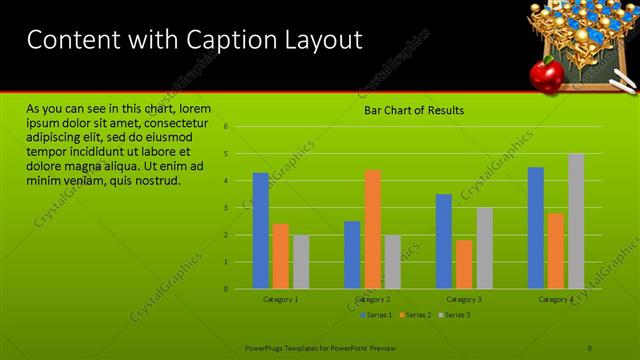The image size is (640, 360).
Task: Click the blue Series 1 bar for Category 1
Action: click(260, 231)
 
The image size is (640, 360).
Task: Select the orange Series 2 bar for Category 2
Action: click(372, 229)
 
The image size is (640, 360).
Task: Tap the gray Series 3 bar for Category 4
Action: click(576, 221)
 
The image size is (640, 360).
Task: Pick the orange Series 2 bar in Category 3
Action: click(464, 264)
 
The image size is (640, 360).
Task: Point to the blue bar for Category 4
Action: click(536, 228)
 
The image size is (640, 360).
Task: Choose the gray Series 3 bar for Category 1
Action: click(301, 262)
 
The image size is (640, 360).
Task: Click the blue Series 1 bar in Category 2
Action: click(352, 255)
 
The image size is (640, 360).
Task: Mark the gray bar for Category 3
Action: click(484, 248)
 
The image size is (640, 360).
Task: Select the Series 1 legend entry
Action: click(375, 315)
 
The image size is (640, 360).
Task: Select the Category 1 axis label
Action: click(281, 299)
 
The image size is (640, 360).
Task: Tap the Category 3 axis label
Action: click(464, 299)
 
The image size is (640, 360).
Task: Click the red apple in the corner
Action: click(545, 71)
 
